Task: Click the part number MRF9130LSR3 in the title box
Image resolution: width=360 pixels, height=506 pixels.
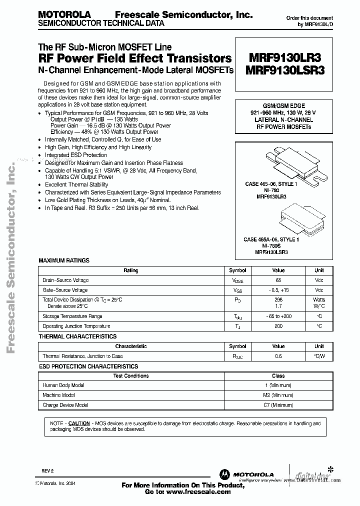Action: tap(285, 71)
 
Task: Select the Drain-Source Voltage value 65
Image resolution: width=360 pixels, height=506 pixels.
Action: tap(278, 280)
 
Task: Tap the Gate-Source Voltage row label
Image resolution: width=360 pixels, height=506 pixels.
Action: tap(65, 290)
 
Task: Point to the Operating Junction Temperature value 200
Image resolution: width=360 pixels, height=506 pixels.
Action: tap(278, 326)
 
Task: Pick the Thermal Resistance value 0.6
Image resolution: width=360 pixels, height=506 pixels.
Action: tap(278, 356)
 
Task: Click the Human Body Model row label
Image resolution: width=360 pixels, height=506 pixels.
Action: tap(63, 385)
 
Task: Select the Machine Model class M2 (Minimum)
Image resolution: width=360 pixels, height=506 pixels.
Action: tap(278, 395)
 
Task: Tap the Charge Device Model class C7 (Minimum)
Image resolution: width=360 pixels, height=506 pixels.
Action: tap(278, 405)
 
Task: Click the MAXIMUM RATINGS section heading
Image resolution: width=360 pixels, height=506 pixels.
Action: tap(64, 260)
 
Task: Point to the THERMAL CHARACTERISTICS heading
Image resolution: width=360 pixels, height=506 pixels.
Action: tap(77, 336)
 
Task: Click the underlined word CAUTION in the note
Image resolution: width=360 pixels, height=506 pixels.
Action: tap(79, 423)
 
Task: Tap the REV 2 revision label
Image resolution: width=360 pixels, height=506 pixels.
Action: tap(47, 471)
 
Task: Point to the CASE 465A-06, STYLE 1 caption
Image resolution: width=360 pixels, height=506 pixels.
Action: tap(271, 239)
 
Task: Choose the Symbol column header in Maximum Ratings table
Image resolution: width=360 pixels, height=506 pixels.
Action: tap(237, 270)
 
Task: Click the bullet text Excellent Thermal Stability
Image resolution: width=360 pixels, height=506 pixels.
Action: tap(76, 184)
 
